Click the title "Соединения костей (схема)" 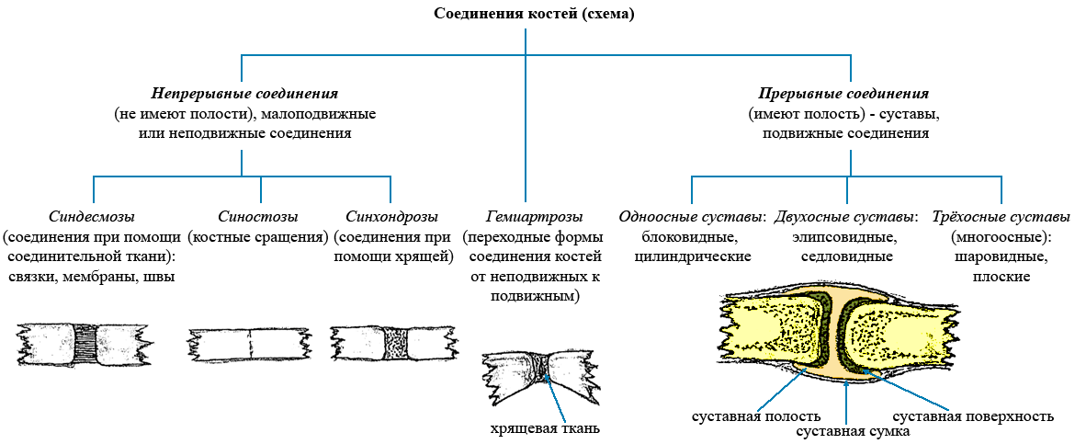click(x=534, y=15)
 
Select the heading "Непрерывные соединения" click(x=244, y=93)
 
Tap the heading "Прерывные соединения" click(x=844, y=93)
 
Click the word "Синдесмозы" click(x=92, y=218)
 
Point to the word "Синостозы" click(x=258, y=218)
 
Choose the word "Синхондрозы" click(x=391, y=218)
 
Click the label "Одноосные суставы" click(x=691, y=218)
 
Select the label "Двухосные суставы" click(x=845, y=218)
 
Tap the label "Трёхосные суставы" click(x=1001, y=218)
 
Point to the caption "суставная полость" click(x=756, y=416)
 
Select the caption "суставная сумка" click(x=853, y=432)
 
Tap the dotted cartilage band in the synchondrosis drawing click(x=396, y=343)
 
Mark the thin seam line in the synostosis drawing click(x=249, y=342)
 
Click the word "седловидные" click(x=846, y=256)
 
